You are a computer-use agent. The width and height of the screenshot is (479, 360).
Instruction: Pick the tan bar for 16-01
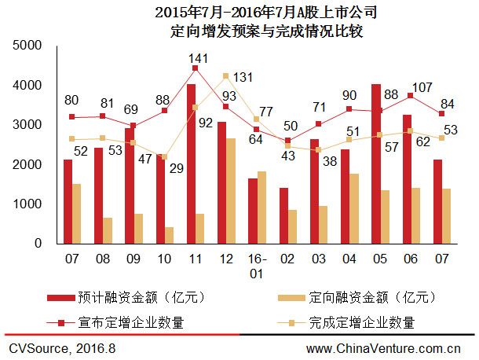click(261, 208)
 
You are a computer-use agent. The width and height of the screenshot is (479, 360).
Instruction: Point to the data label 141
click(196, 58)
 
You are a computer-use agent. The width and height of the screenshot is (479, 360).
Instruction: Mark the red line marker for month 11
click(196, 68)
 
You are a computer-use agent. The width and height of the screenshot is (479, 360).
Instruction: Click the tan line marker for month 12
click(226, 76)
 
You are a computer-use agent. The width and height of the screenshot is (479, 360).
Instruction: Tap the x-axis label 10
click(165, 257)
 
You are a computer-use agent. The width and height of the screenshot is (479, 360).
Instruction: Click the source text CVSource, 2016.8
click(61, 347)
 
